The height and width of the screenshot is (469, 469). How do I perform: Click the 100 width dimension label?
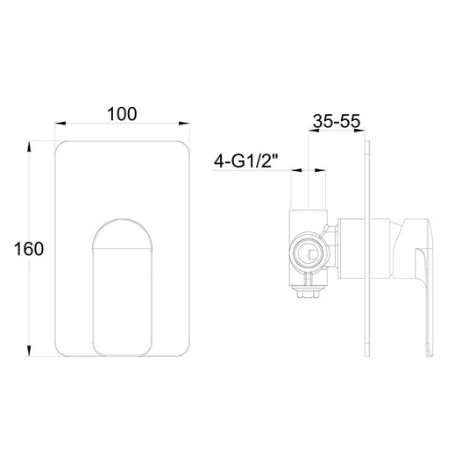[122, 114]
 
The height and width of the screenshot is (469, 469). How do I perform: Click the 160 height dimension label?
[29, 249]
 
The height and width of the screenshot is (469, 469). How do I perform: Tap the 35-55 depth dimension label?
[337, 121]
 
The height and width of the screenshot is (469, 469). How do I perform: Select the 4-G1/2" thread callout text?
[245, 162]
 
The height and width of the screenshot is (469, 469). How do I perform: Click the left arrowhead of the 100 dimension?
[60, 124]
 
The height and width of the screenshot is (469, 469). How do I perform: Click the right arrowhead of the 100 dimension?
[184, 124]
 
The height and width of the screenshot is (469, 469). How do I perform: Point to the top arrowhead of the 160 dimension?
[29, 146]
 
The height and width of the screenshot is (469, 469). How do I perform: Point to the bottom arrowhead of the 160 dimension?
[29, 351]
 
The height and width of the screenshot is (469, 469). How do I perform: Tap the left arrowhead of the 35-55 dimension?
[314, 130]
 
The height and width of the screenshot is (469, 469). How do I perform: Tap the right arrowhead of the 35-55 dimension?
[359, 130]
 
